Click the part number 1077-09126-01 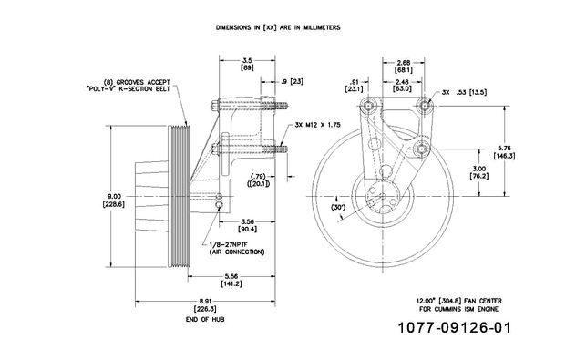tap(455, 327)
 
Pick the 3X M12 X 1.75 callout tap(317, 125)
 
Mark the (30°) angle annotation tap(338, 208)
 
